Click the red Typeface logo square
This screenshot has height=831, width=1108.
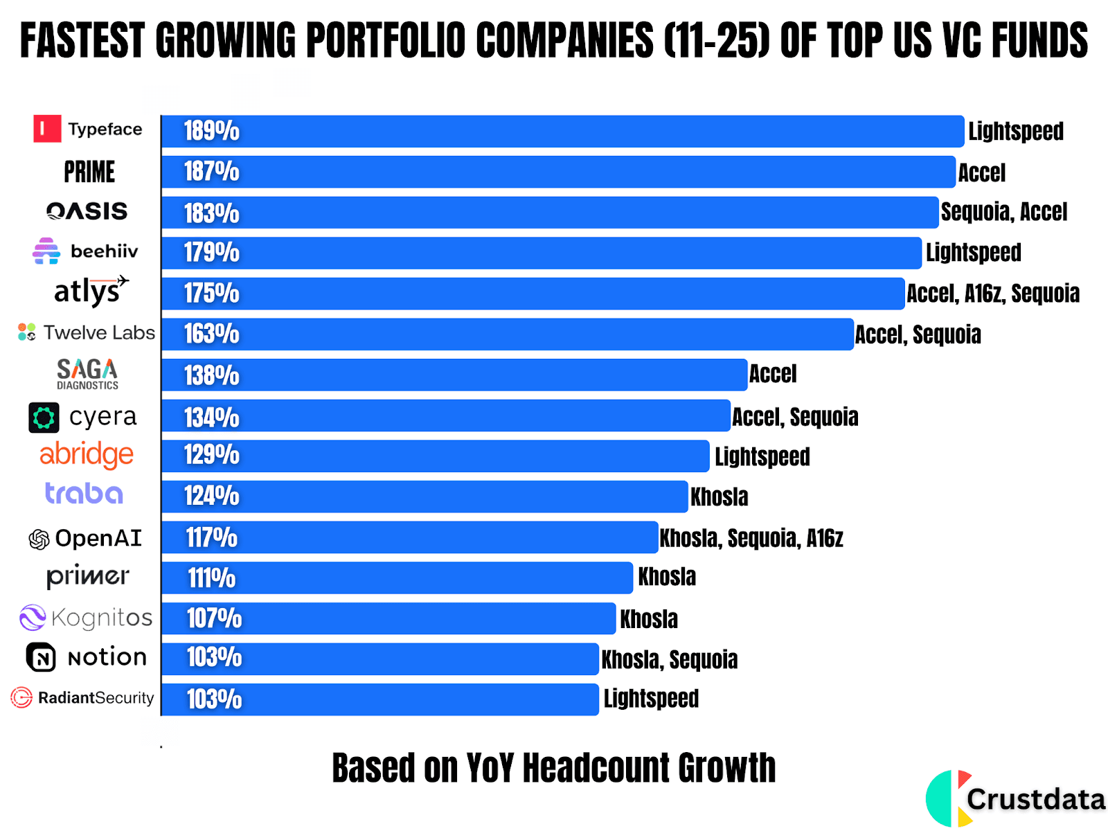point(47,129)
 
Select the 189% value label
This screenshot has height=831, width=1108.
point(211,131)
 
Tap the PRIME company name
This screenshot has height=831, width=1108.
point(89,172)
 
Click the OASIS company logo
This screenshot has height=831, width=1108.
point(87,211)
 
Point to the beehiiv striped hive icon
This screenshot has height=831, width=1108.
point(46,251)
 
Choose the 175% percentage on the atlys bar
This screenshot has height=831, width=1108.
point(211,294)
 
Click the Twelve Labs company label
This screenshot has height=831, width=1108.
point(87,333)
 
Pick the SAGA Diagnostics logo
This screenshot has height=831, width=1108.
point(87,374)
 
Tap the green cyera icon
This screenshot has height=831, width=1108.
point(44,418)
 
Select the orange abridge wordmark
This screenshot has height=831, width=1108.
point(87,455)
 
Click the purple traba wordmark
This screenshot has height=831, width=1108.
point(84,494)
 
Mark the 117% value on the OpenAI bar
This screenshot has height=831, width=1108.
point(211,537)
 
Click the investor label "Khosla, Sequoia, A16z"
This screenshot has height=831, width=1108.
point(751,538)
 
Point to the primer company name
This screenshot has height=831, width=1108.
point(88,576)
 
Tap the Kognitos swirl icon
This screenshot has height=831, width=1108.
point(33,618)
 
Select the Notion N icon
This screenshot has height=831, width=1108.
point(41,657)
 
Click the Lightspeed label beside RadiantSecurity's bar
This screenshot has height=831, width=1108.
point(651,699)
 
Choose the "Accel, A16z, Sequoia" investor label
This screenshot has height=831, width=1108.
point(993,294)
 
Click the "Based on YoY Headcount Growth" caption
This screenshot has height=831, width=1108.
point(554,768)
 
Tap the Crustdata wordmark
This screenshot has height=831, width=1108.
point(1036,800)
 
